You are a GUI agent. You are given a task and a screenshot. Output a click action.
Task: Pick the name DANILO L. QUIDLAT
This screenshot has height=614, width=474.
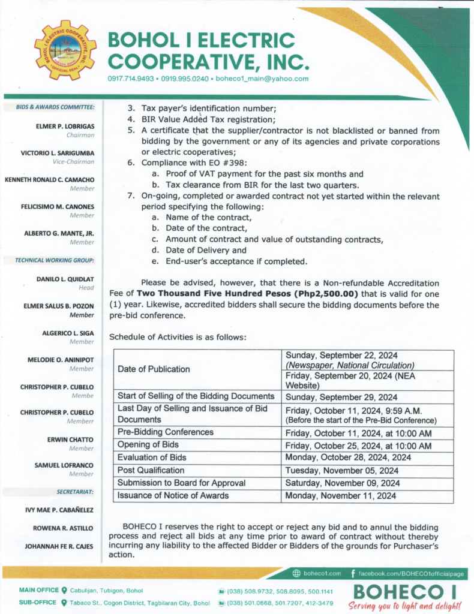coord(68,279)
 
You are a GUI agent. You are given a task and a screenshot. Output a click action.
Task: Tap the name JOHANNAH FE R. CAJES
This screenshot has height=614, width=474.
coord(59,546)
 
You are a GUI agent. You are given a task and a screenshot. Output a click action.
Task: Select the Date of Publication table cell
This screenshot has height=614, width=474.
coord(154,369)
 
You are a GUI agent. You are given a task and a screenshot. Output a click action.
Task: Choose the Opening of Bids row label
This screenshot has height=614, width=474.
coord(148,446)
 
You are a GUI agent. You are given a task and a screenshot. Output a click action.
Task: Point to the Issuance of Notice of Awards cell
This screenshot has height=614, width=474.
coord(173,495)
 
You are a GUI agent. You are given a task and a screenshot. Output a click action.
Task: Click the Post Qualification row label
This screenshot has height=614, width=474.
coord(151,471)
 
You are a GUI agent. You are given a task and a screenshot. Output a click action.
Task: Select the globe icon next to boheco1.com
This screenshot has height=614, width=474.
coord(296,573)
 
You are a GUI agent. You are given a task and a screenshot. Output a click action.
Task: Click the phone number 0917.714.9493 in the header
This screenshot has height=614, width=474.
coord(130,79)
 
